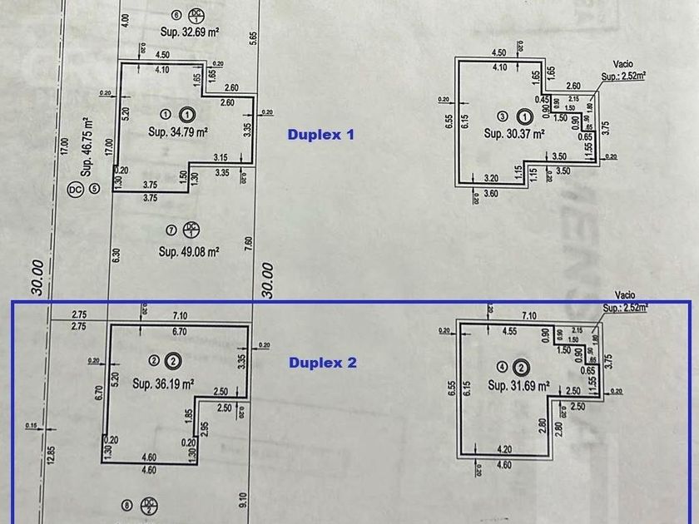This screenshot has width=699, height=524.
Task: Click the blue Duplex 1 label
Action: pos(320,134)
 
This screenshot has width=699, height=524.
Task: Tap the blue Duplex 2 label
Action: pos(322,363)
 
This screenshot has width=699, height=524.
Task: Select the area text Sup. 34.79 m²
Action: pos(177,131)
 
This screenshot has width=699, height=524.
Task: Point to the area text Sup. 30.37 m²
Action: pos(514,133)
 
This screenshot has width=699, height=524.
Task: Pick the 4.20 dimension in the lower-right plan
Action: pos(503,450)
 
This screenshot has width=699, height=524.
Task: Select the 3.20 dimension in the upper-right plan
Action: pos(492,178)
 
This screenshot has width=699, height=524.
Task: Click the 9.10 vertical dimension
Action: pos(243,500)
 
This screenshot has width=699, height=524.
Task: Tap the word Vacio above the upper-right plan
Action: pos(623,63)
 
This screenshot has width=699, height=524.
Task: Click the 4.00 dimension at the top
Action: pos(125,18)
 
